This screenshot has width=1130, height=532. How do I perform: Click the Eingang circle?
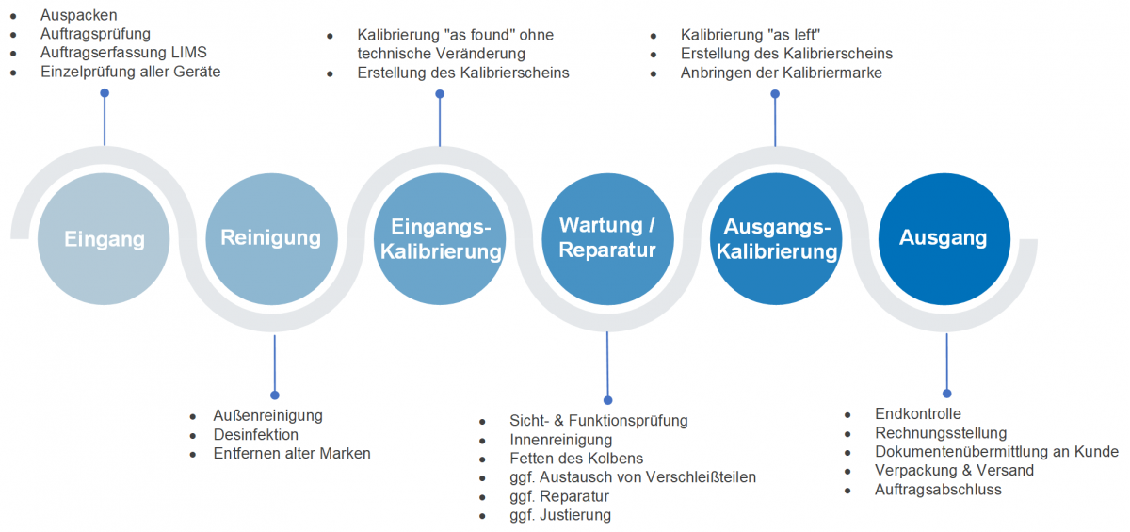(105, 238)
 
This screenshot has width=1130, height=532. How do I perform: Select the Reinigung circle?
(271, 238)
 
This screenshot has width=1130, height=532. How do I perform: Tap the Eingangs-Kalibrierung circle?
(440, 238)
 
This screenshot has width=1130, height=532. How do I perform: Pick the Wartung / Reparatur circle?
(607, 238)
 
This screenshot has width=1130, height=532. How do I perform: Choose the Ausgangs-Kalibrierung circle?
(776, 238)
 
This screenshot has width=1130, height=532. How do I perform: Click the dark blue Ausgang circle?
(944, 238)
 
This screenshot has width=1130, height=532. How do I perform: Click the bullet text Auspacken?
(78, 15)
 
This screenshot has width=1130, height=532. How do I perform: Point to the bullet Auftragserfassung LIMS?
(123, 53)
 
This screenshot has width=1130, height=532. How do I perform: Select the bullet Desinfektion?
(256, 434)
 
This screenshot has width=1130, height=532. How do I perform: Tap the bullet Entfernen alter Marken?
(292, 453)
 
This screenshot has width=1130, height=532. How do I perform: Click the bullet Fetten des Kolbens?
(576, 459)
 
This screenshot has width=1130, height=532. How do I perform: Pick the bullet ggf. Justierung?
(560, 515)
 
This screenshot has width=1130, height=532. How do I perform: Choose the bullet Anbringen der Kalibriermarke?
(781, 73)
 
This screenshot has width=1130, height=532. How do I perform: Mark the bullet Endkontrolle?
(917, 413)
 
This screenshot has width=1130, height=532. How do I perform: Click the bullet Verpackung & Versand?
(954, 470)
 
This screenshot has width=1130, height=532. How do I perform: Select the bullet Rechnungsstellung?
(941, 433)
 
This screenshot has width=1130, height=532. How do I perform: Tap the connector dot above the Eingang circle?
(105, 93)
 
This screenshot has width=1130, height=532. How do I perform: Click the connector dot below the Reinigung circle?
(275, 395)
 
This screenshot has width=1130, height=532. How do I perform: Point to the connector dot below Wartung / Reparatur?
(608, 400)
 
